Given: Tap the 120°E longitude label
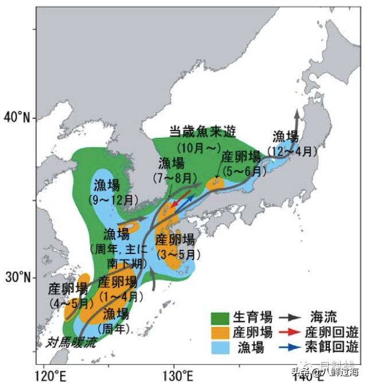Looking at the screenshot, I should (x=50, y=376).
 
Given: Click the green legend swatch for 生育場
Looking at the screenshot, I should (x=220, y=317).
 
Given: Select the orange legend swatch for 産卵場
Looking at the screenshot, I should (x=220, y=332).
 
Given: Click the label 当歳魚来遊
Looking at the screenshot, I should (x=198, y=131).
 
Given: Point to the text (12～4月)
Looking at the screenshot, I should (x=292, y=152).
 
